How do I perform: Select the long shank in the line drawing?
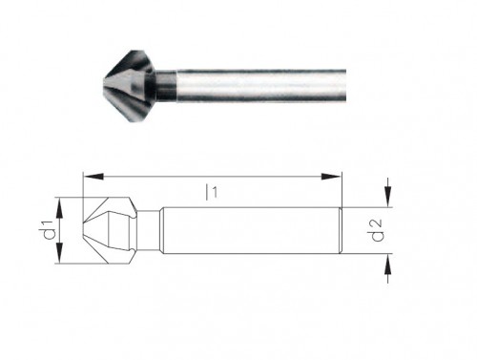pos(248,231)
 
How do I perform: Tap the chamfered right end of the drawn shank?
pos(339,232)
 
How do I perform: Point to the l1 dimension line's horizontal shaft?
pos(153,175)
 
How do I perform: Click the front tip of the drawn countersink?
pos(85,231)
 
